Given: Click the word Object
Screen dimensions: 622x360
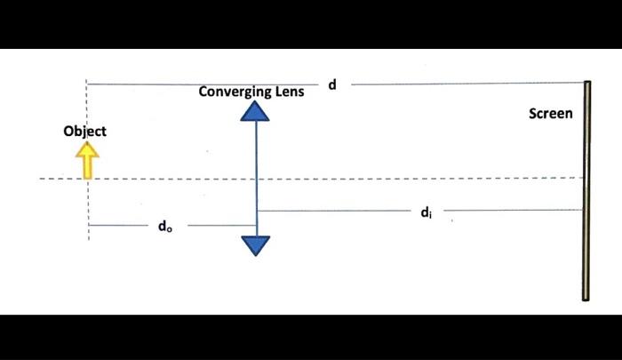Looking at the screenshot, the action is coord(84,132).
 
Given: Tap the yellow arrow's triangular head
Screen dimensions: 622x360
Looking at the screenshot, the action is coord(86,151).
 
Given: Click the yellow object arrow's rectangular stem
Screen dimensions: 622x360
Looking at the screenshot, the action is coord(86,168).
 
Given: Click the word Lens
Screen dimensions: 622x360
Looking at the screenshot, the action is coord(290,92).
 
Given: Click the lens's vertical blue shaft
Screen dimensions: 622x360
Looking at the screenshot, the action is coord(256,178).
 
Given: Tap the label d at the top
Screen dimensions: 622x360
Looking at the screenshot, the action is coord(332,84).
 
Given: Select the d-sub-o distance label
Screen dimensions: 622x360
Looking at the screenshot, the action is coord(165,227).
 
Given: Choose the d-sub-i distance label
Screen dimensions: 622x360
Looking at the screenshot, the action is coord(427,212).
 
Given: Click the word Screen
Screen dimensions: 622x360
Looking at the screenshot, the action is coord(551,114).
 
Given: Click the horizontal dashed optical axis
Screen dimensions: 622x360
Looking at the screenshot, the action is coord(355,179).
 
